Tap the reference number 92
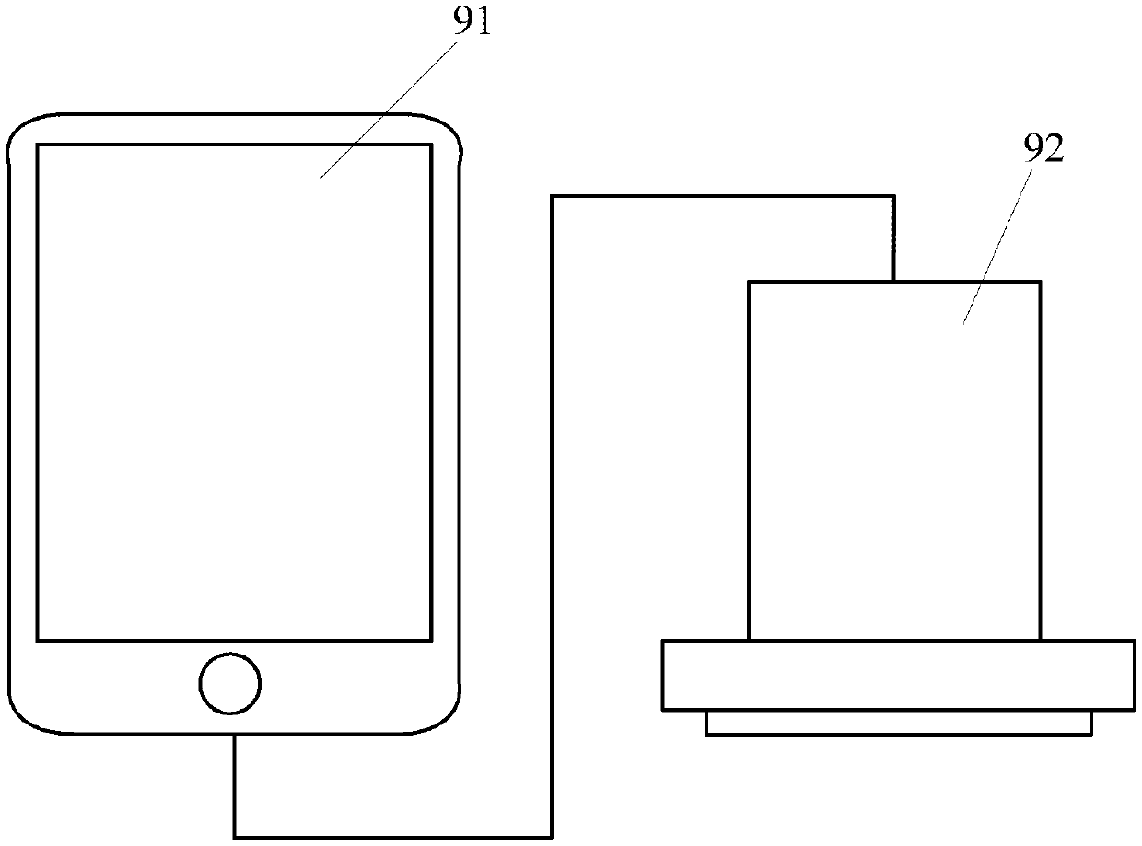click(1043, 150)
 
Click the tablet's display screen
click(234, 391)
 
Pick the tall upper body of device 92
click(894, 460)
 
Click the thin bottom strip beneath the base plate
click(898, 723)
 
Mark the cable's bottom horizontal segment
click(393, 837)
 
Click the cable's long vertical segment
click(552, 516)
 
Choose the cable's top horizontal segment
click(723, 195)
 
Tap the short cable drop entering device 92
click(893, 238)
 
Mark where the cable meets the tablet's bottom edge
click(236, 735)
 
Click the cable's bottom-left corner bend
click(236, 836)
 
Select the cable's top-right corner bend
click(893, 196)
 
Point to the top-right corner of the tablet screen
click(430, 145)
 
